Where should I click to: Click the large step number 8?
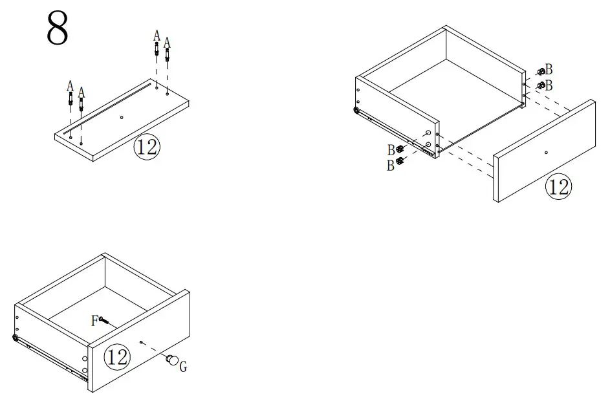point(58,28)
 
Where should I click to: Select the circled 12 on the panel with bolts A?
point(146,147)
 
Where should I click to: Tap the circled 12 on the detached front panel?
point(558,187)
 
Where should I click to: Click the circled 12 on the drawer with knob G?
point(116,356)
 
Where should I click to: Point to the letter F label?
point(94,320)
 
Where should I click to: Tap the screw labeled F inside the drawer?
point(105,320)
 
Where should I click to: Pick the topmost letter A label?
point(156,35)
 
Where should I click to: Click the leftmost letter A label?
point(70,86)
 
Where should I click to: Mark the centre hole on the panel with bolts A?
point(122,118)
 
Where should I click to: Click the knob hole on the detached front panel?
point(546,153)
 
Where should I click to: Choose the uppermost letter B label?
point(549,69)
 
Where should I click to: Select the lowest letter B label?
point(391,166)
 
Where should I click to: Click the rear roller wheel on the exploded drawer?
point(357,111)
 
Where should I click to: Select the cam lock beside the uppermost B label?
point(540,72)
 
